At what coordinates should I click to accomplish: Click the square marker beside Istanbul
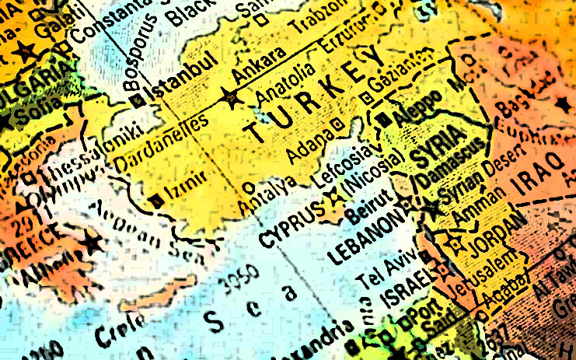(138, 101)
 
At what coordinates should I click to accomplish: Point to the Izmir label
(187, 185)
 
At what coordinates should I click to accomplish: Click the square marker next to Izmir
(158, 200)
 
